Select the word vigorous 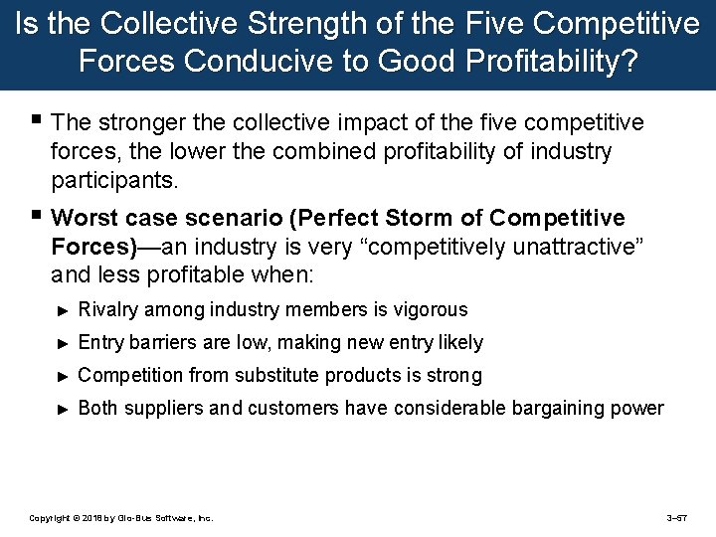coord(429,310)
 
